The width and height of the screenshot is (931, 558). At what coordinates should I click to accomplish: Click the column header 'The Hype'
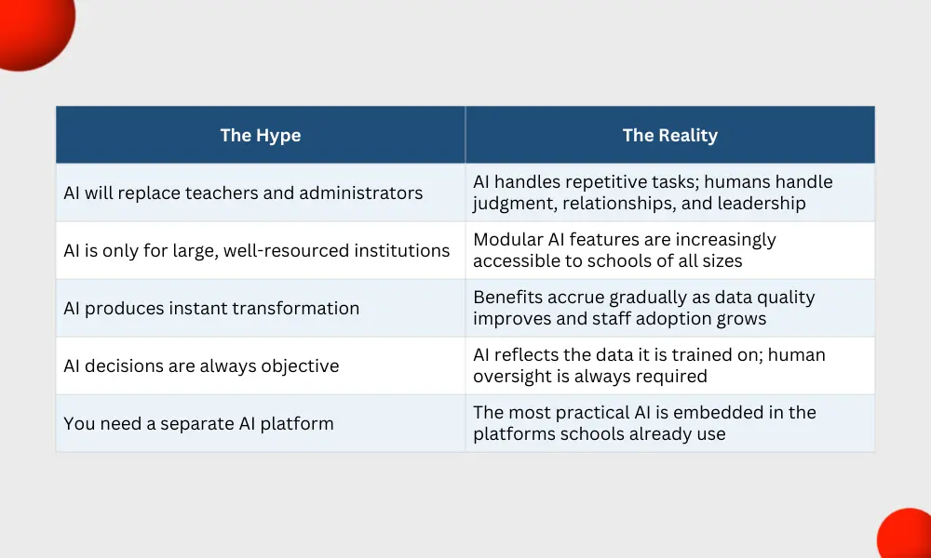coord(261,135)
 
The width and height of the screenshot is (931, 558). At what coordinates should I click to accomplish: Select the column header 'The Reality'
coord(670,135)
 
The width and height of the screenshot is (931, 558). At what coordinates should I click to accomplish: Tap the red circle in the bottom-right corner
coord(906,534)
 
